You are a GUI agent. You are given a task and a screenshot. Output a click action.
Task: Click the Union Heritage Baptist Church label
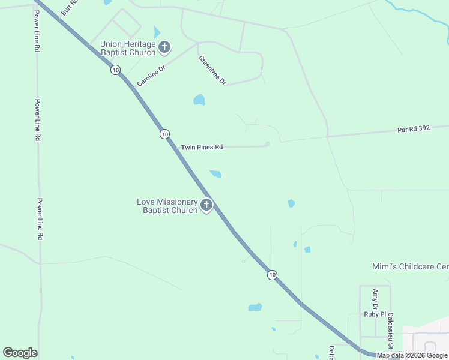pyautogui.click(x=128, y=48)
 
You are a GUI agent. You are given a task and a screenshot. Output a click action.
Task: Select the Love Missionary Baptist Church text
pyautogui.click(x=167, y=206)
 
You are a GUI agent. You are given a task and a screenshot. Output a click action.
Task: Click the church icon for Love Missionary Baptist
pyautogui.click(x=206, y=206)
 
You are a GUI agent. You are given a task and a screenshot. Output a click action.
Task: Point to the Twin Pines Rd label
pyautogui.click(x=202, y=147)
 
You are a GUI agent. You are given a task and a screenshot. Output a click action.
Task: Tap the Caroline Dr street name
pyautogui.click(x=151, y=76)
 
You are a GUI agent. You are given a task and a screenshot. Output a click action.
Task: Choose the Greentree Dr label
pyautogui.click(x=212, y=70)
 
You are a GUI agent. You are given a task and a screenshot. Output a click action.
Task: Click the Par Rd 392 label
pyautogui.click(x=414, y=129)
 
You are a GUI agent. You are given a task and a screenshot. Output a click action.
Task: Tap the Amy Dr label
pyautogui.click(x=375, y=298)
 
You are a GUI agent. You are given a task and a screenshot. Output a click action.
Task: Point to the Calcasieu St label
pyautogui.click(x=390, y=331)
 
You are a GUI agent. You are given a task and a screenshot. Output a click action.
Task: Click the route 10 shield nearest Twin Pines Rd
pyautogui.click(x=164, y=134)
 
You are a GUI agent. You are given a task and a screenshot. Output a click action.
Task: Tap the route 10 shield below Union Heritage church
pyautogui.click(x=115, y=70)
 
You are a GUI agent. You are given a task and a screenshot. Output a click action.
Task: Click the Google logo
pyautogui.click(x=20, y=353)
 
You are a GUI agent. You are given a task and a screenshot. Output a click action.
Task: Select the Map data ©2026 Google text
pyautogui.click(x=412, y=355)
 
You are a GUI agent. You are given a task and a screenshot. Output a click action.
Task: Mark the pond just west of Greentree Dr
pyautogui.click(x=199, y=100)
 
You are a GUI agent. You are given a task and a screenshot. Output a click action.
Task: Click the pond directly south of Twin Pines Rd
pyautogui.click(x=215, y=174)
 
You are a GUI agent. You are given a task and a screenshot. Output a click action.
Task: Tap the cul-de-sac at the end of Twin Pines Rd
pyautogui.click(x=267, y=143)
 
